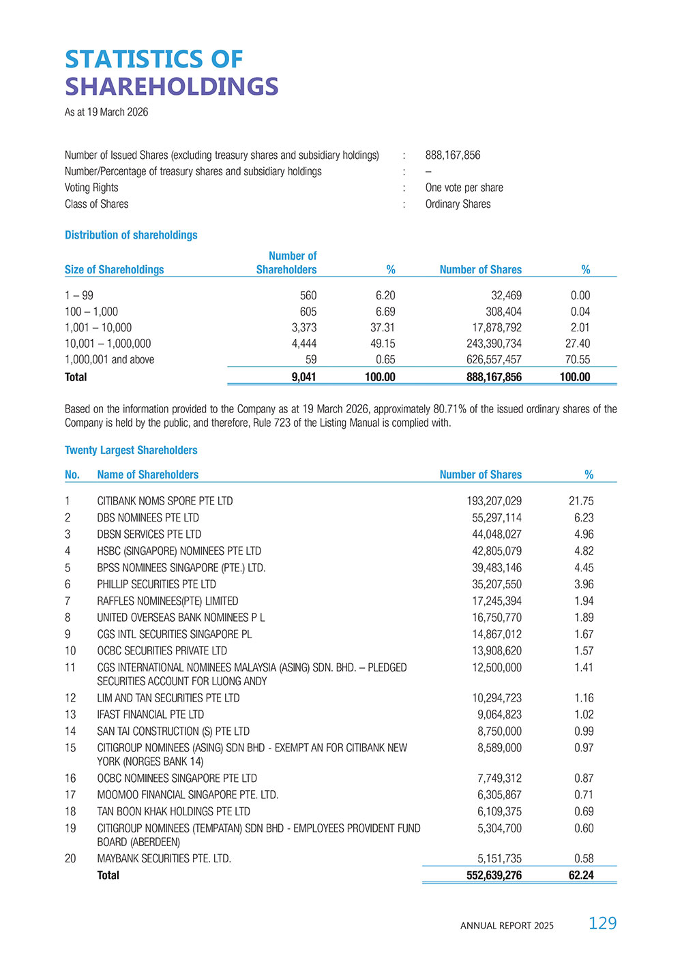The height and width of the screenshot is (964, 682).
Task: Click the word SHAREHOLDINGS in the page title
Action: click(171, 87)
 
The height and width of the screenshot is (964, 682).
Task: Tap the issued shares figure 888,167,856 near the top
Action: click(453, 155)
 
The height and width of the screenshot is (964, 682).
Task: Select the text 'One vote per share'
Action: click(464, 187)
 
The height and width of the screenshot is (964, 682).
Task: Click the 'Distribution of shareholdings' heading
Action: click(131, 235)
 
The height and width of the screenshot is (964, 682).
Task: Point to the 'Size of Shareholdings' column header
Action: click(114, 270)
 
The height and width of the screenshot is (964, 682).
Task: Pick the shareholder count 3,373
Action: click(304, 328)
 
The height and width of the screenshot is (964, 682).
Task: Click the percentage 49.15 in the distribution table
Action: click(383, 344)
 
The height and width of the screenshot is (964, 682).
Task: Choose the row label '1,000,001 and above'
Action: click(109, 360)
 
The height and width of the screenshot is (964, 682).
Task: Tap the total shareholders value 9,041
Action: click(303, 377)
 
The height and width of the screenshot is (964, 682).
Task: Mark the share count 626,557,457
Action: click(494, 360)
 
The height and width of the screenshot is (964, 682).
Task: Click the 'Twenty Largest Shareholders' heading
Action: click(131, 451)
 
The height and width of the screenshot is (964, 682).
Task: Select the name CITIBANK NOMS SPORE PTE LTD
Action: click(164, 501)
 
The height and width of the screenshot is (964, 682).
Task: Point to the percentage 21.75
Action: click(581, 501)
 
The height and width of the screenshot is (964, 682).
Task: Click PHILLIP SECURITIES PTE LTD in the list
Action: click(156, 584)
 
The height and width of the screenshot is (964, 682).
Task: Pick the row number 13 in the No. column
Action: click(70, 714)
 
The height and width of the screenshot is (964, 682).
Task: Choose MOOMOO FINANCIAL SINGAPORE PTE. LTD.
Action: click(188, 795)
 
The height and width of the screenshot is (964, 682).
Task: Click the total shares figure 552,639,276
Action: click(494, 875)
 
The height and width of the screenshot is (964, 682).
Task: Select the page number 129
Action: click(602, 923)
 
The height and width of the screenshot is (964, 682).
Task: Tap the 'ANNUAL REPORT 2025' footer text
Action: click(507, 926)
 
